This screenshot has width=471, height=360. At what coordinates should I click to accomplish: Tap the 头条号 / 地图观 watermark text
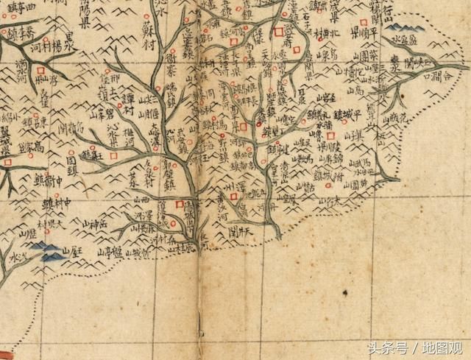417,347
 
